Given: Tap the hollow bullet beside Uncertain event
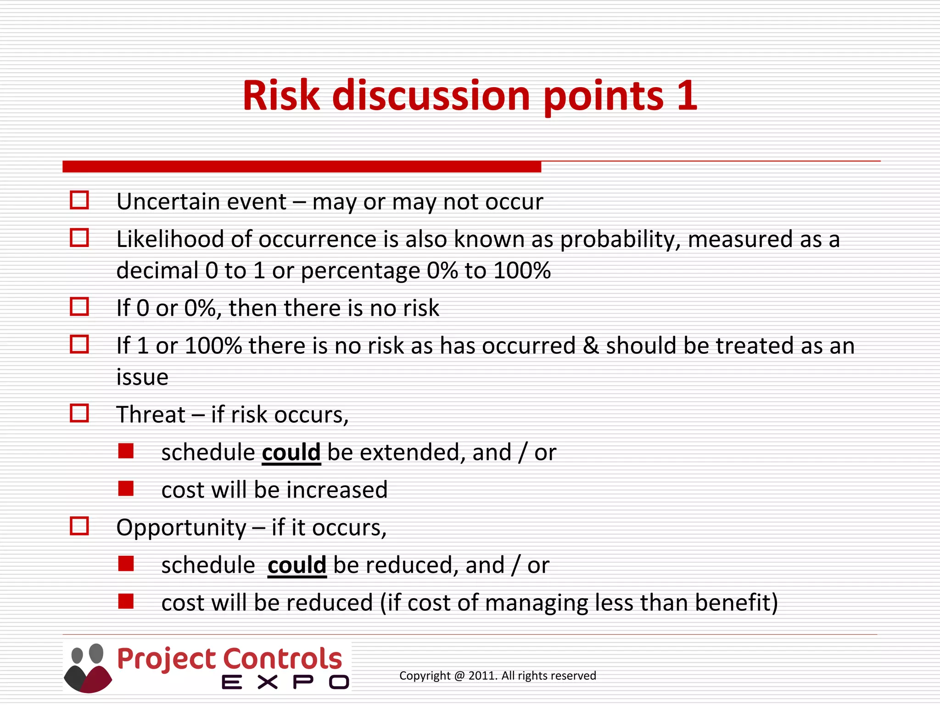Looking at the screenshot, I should coord(79,200).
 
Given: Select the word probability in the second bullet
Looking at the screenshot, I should coord(620,240).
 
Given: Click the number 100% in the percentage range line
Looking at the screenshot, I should coord(522,271).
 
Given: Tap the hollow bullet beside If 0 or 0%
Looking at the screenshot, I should coord(79,307).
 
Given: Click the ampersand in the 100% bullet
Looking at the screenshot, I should coord(590,346).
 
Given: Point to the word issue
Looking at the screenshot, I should coord(142,377).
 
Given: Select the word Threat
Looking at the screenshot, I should coord(151,415).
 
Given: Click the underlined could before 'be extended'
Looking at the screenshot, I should coord(291,453).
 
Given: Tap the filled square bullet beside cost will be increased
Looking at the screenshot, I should coord(125,489).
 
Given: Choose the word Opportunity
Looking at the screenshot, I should coord(181,528).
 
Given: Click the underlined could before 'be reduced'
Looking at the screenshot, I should coord(297,565).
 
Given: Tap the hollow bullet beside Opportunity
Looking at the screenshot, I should coord(79,526).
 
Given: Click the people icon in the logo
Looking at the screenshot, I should coord(88,668).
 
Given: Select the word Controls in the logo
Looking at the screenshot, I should coord(283,659).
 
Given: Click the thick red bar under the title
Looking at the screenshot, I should coord(302,167).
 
